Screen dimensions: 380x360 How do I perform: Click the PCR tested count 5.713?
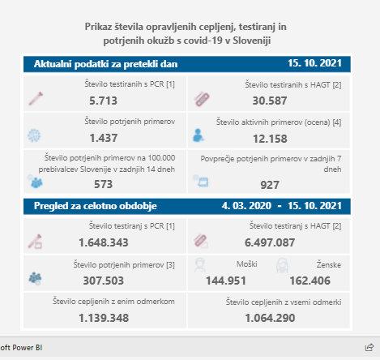pyautogui.click(x=103, y=101)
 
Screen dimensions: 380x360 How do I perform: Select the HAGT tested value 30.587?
pyautogui.click(x=270, y=101)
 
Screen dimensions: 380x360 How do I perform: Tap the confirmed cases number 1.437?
pyautogui.click(x=104, y=138)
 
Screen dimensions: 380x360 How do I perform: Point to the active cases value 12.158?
pyautogui.click(x=270, y=139)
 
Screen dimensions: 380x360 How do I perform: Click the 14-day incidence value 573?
pyautogui.click(x=103, y=184)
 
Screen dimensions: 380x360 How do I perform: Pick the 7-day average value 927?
pyautogui.click(x=270, y=185)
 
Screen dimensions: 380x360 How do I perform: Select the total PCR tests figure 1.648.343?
pyautogui.click(x=104, y=242)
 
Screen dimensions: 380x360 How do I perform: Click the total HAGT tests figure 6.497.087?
pyautogui.click(x=270, y=242)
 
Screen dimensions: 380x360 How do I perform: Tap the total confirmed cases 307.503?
pyautogui.click(x=104, y=281)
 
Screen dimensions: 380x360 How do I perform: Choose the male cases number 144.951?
pyautogui.click(x=226, y=281)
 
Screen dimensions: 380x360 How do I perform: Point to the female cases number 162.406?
pyautogui.click(x=310, y=281)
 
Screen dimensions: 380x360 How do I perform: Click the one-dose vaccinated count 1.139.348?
pyautogui.click(x=104, y=318)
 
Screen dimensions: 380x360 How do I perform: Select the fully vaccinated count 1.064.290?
pyautogui.click(x=270, y=318)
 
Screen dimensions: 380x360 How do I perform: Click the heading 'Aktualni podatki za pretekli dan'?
pyautogui.click(x=105, y=64)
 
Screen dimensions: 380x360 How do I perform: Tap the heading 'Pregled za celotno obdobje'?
pyautogui.click(x=96, y=206)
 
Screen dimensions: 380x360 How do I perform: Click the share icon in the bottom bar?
pyautogui.click(x=369, y=347)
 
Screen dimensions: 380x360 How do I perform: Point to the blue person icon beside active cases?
pyautogui.click(x=198, y=135)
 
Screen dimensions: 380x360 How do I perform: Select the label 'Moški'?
pyautogui.click(x=247, y=264)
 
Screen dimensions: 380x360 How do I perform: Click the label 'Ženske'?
pyautogui.click(x=329, y=264)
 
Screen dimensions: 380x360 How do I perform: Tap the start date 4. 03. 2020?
pyautogui.click(x=246, y=206)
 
